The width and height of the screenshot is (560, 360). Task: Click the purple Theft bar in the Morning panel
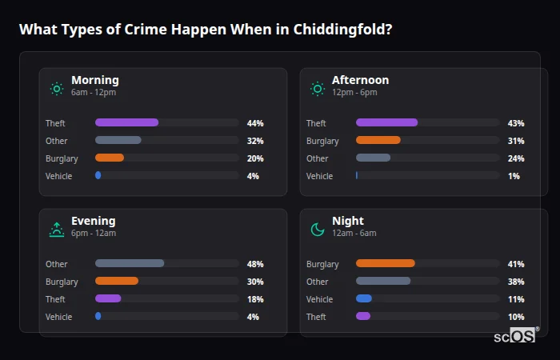tap(126, 122)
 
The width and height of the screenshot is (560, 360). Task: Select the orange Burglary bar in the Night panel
tap(385, 263)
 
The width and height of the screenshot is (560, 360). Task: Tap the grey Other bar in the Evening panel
tap(130, 263)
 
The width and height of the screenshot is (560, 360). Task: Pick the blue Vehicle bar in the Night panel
tap(364, 298)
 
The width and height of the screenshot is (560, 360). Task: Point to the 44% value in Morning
tap(255, 123)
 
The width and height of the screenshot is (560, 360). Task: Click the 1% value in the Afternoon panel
tap(514, 176)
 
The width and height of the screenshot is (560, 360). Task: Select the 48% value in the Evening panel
tap(255, 264)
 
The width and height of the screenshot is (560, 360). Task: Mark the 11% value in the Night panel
tap(516, 299)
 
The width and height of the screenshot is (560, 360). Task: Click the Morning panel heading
tap(94, 80)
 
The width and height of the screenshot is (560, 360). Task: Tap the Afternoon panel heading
tap(360, 80)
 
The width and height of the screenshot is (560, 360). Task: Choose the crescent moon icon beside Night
tap(318, 230)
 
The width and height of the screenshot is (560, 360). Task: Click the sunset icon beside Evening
tap(57, 230)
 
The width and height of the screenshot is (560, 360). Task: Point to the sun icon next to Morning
tap(57, 89)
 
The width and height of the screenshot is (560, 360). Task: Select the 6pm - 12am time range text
tap(94, 234)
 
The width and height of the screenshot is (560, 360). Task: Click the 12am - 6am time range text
tap(354, 234)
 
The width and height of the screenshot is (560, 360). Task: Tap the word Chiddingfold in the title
tap(342, 30)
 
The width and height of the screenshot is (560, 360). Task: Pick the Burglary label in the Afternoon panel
tap(322, 141)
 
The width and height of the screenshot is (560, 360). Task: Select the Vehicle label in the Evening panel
tap(59, 317)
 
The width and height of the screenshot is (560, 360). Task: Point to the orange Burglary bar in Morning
tap(110, 158)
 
